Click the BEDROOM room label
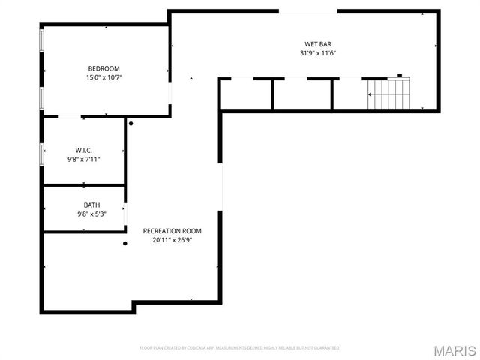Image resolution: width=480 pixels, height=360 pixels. tap(104, 68)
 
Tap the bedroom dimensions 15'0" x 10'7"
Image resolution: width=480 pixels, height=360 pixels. tap(104, 76)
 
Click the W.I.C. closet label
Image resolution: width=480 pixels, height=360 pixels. tap(83, 150)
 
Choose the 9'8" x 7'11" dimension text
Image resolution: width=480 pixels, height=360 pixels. tap(83, 159)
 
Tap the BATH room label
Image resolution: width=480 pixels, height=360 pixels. tap(91, 205)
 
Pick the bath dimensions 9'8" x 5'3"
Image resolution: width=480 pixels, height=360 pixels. tap(91, 214)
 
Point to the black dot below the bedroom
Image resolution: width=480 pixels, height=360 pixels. tap(130, 124)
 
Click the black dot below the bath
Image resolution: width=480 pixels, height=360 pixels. tap(125, 243)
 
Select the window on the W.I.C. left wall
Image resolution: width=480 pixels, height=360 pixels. tap(42, 154)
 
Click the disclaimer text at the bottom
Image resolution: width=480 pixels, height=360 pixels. tap(240, 348)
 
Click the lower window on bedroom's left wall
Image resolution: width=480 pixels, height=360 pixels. tap(42, 96)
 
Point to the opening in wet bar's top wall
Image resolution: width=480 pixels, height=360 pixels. tap(307, 11)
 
